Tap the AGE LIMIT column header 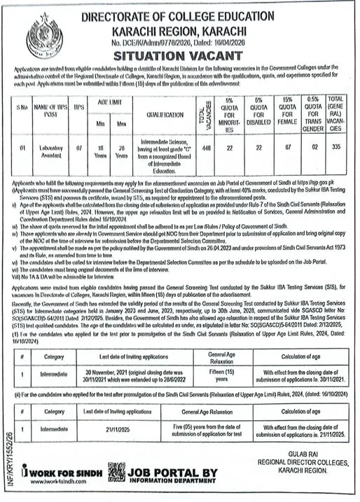(x=110, y=100)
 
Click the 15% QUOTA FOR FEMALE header (x=287, y=111)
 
